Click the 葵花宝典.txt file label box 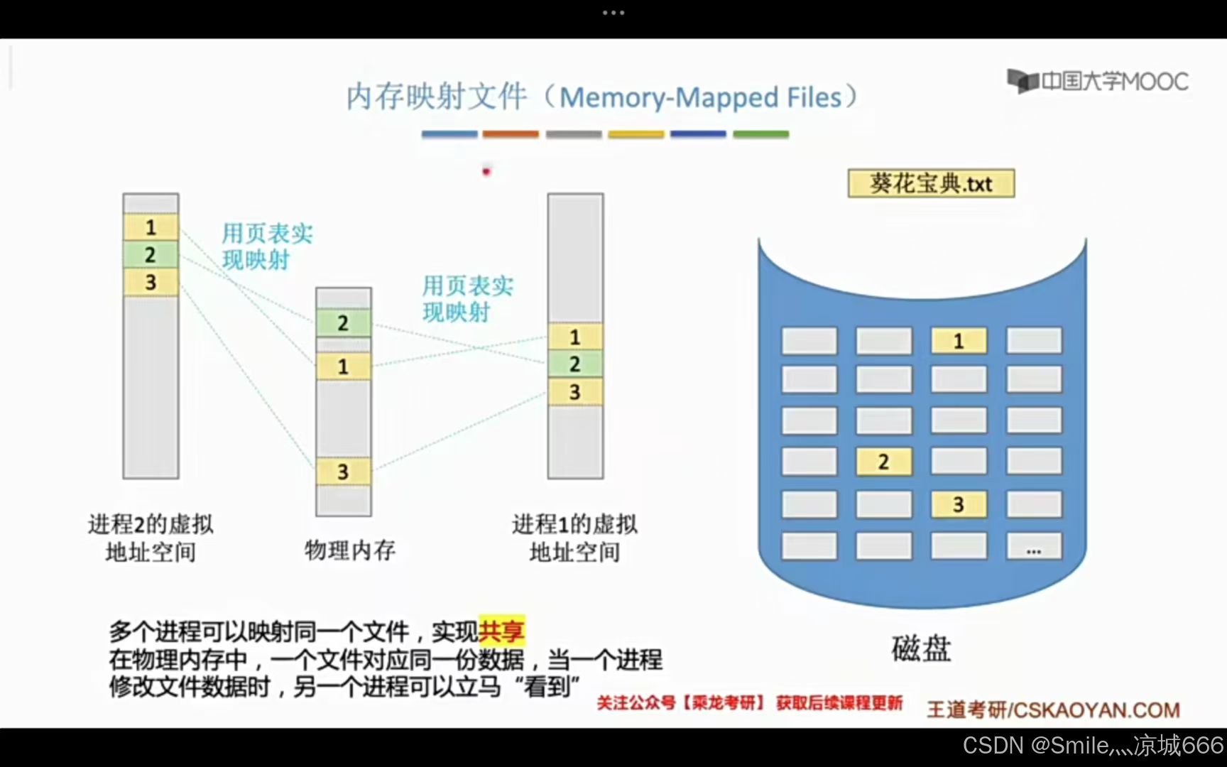pyautogui.click(x=931, y=183)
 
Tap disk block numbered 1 pyautogui.click(x=959, y=341)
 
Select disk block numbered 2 pyautogui.click(x=883, y=462)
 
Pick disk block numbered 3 pyautogui.click(x=959, y=504)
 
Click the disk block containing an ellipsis pyautogui.click(x=1034, y=547)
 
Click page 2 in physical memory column pyautogui.click(x=343, y=323)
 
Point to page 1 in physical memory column pyautogui.click(x=343, y=366)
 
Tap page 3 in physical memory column pyautogui.click(x=343, y=472)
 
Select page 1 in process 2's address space pyautogui.click(x=151, y=227)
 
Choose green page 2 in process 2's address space pyautogui.click(x=151, y=254)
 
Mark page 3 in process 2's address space pyautogui.click(x=151, y=282)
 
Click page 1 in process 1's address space pyautogui.click(x=575, y=337)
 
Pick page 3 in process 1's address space pyautogui.click(x=575, y=392)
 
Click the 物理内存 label pyautogui.click(x=349, y=550)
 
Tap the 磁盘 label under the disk pyautogui.click(x=921, y=648)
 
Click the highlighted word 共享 pyautogui.click(x=501, y=631)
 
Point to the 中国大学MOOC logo pyautogui.click(x=1098, y=81)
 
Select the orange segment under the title pyautogui.click(x=511, y=134)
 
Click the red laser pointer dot pyautogui.click(x=486, y=171)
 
